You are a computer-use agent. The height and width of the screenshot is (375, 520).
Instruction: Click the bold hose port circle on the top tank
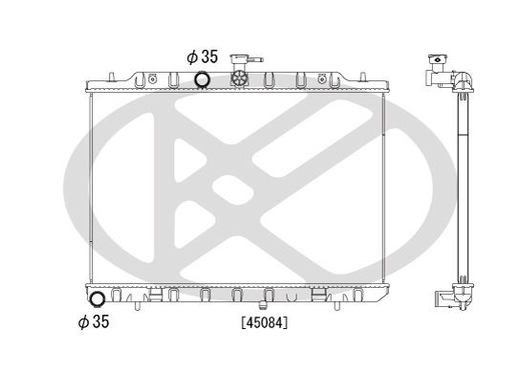coord(203,80)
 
